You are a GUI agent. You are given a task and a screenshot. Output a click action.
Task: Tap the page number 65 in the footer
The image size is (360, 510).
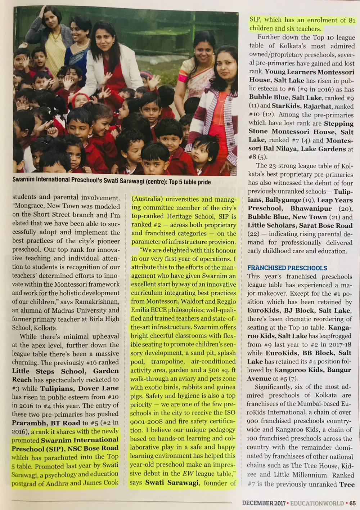(x=352, y=503)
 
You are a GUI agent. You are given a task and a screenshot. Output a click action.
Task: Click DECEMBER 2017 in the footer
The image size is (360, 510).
(x=263, y=503)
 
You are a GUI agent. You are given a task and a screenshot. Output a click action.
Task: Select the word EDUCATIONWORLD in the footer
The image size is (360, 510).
(x=317, y=503)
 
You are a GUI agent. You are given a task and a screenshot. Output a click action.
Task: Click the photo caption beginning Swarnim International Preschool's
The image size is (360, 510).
(x=111, y=182)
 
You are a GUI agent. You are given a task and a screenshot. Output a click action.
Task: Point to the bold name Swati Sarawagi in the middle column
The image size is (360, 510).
(x=172, y=483)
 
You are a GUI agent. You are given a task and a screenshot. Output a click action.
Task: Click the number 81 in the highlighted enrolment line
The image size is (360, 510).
(x=352, y=20)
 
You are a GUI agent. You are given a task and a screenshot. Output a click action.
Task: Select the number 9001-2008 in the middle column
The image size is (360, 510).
(x=147, y=421)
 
